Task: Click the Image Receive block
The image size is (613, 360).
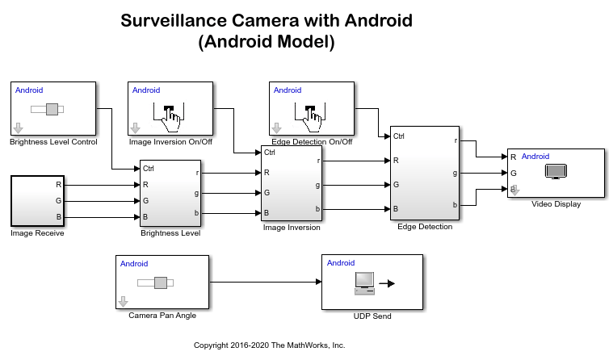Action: click(37, 201)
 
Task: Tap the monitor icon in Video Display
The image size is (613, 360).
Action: click(556, 172)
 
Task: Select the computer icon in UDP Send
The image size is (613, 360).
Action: click(364, 283)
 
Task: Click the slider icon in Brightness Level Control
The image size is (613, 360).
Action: click(48, 109)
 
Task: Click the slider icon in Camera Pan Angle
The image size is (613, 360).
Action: click(155, 283)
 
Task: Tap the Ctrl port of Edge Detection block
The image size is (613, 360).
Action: click(399, 136)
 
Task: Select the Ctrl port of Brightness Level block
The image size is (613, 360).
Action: click(149, 169)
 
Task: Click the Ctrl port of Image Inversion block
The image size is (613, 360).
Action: click(270, 152)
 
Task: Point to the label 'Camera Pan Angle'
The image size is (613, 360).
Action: click(162, 316)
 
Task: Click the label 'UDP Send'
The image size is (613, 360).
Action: click(372, 316)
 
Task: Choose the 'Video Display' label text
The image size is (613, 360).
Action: click(556, 204)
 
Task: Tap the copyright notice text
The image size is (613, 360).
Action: click(270, 345)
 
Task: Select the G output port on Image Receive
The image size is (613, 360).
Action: click(59, 201)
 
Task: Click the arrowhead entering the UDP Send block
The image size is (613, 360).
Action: click(319, 282)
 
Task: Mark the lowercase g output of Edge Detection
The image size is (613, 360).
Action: click(455, 174)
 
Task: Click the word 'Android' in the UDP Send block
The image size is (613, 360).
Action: click(341, 263)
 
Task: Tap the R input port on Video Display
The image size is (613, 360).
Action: click(514, 157)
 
